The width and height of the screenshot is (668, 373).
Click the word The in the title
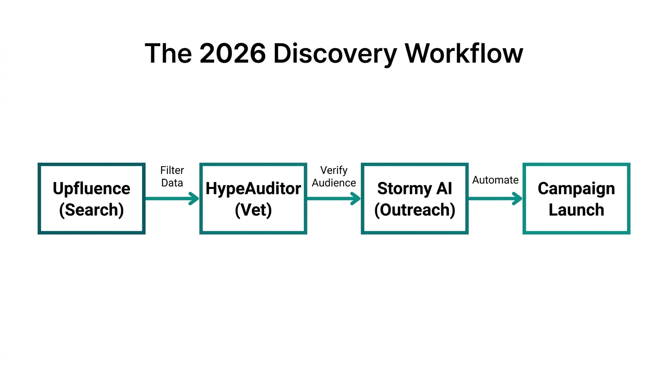click(x=167, y=53)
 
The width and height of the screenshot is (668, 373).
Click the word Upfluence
click(x=91, y=188)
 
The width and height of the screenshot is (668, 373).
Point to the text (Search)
click(x=91, y=210)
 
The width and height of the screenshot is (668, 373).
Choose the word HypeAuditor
click(x=253, y=188)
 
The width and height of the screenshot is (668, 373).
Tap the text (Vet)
click(x=253, y=210)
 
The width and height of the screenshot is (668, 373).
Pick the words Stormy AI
click(x=415, y=188)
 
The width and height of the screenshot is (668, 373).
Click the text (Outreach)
click(x=415, y=210)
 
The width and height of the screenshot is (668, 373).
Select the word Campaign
click(x=576, y=188)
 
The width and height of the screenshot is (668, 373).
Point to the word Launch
click(x=576, y=210)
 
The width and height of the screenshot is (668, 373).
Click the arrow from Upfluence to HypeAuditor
click(x=172, y=198)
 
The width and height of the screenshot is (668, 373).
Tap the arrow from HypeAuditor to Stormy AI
click(x=334, y=198)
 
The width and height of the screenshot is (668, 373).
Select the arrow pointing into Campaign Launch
click(x=495, y=198)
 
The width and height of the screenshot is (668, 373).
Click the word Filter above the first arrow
click(x=172, y=171)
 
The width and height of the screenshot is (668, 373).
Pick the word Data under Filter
click(x=172, y=183)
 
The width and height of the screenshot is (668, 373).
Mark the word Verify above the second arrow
click(x=334, y=171)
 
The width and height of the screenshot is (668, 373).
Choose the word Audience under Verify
click(x=334, y=183)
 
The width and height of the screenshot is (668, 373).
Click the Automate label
click(x=495, y=180)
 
